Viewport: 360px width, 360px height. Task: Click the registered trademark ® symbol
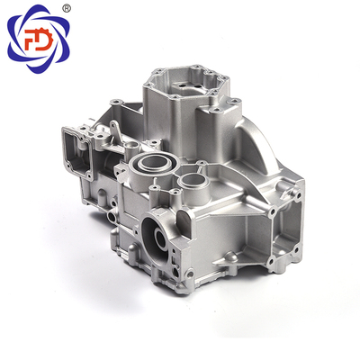click(x=67, y=8)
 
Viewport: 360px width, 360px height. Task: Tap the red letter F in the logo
click(x=31, y=40)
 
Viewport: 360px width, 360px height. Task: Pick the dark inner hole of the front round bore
click(x=159, y=238)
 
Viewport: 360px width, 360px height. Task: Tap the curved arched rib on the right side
click(x=258, y=144)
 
